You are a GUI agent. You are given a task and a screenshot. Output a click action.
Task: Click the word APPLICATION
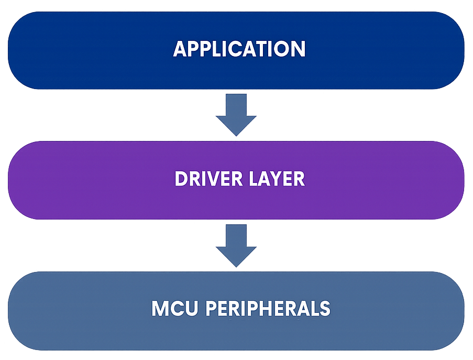coord(239,49)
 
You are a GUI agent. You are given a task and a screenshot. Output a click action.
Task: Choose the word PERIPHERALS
coord(268,308)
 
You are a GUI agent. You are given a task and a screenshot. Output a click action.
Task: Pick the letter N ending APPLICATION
coord(299,49)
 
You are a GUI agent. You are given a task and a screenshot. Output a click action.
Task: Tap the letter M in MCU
coord(160,308)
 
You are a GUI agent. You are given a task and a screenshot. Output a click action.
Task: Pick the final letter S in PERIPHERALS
coord(325,308)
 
